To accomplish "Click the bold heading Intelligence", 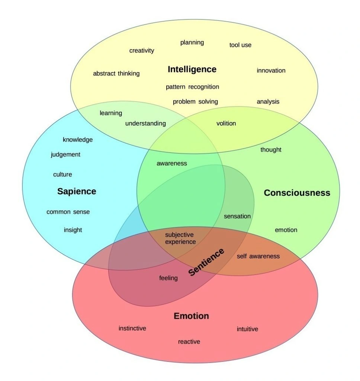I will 192,70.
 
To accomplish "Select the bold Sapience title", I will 77,192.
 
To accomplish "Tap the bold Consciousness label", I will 297,193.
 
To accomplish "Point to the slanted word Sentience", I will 206,262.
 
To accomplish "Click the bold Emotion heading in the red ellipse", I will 191,316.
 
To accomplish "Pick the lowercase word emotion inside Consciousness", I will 286,230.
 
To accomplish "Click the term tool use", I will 240,45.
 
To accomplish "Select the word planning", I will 192,42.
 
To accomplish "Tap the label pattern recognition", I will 192,87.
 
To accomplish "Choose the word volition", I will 226,124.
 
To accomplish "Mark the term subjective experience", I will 180,238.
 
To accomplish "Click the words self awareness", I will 258,256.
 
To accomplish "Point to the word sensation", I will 237,216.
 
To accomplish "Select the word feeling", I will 168,278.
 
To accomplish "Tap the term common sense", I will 68,212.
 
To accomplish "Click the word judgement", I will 65,154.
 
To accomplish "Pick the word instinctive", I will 132,328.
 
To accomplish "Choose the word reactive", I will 189,342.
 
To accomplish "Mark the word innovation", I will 271,70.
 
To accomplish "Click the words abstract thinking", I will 116,74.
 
